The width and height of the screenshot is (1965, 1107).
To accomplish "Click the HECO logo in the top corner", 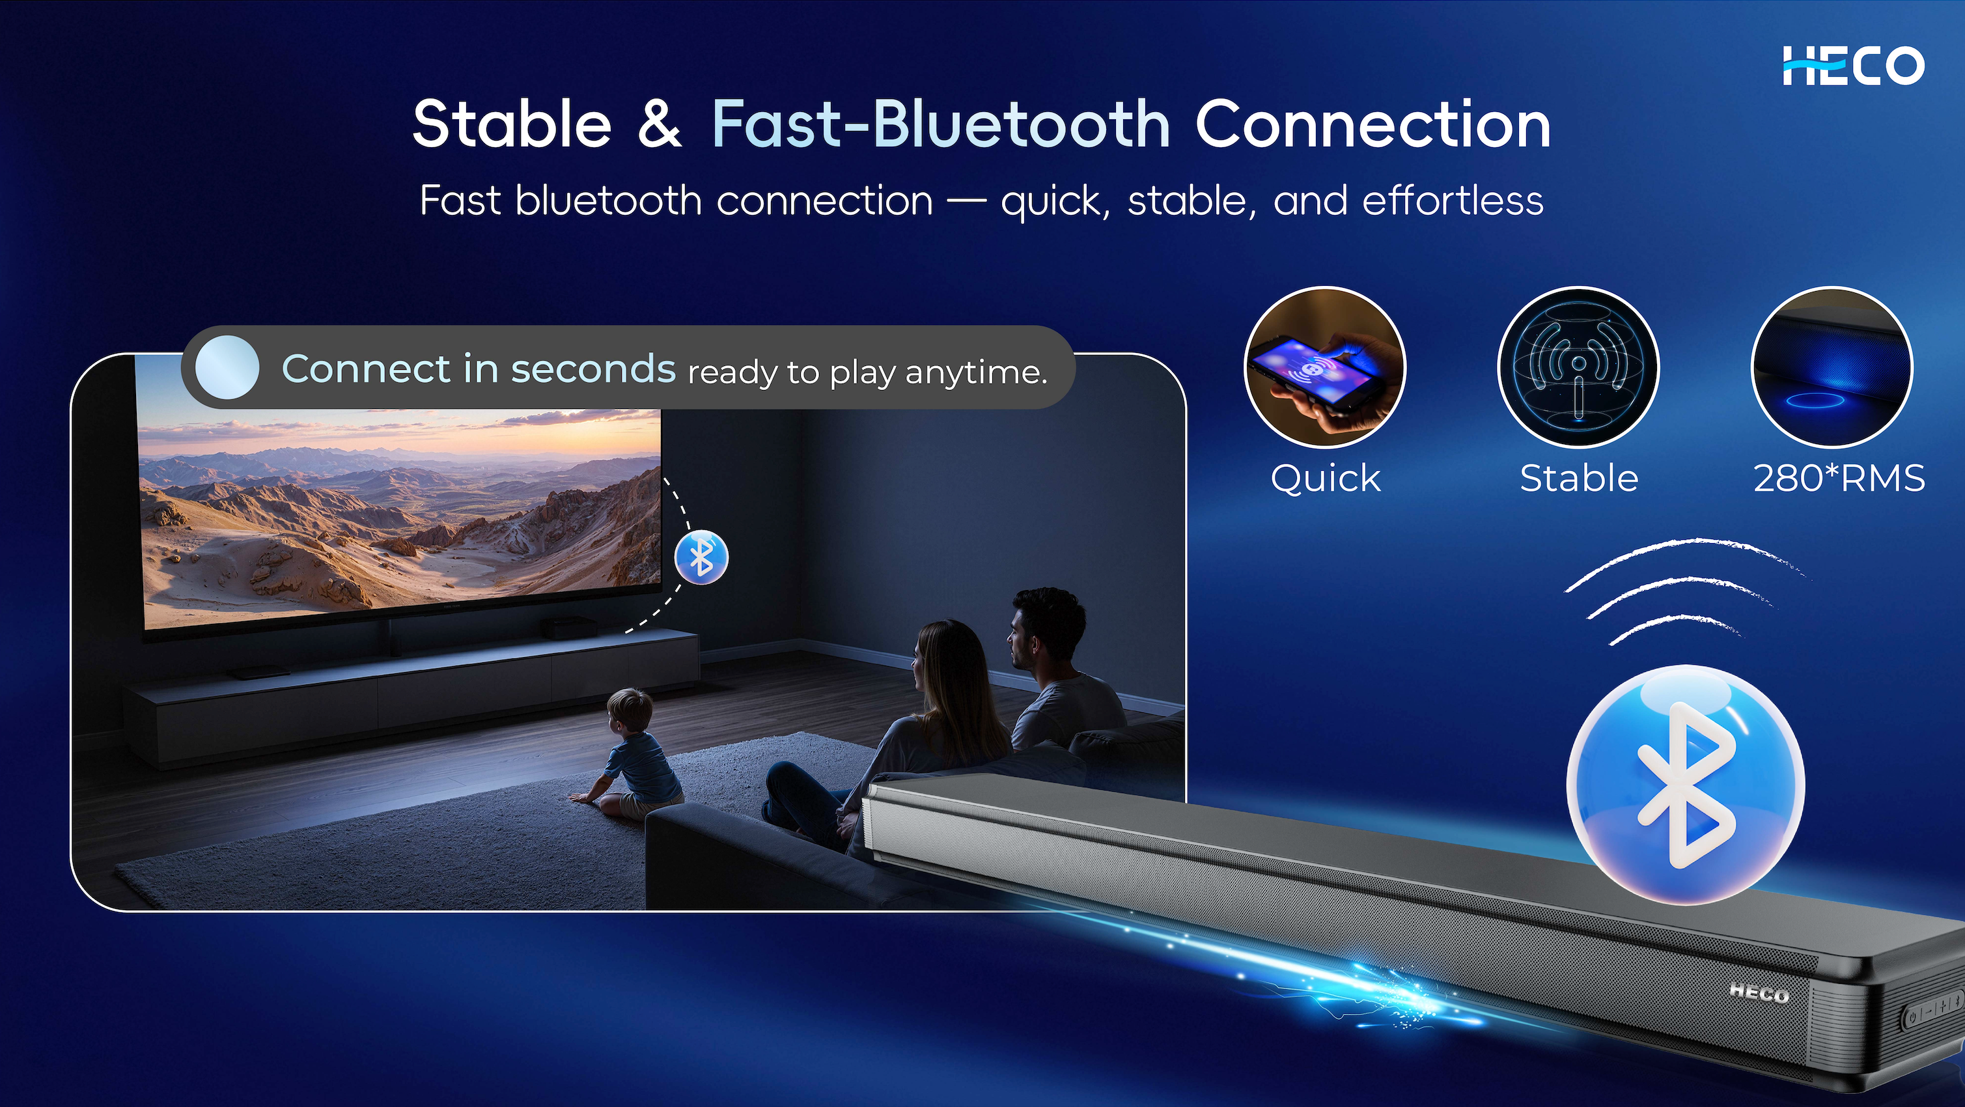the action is click(1853, 66).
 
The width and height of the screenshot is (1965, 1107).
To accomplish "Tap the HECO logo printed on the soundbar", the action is click(1759, 992).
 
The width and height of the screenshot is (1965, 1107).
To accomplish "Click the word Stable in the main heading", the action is click(512, 124).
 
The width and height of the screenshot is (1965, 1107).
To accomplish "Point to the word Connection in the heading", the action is click(1373, 124).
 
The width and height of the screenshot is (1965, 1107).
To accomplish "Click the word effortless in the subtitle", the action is click(1453, 201).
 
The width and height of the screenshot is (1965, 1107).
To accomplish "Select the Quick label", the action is click(1326, 479).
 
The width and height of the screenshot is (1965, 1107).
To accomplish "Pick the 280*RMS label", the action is click(1839, 479).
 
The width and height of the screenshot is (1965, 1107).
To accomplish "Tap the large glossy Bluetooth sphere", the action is click(1686, 785).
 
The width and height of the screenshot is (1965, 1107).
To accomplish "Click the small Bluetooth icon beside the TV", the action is click(702, 557).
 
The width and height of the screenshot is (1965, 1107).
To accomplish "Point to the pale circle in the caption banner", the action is click(227, 367).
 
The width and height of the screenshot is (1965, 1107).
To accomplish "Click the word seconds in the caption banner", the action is click(593, 369).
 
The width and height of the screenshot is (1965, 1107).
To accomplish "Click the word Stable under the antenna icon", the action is click(1579, 479).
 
